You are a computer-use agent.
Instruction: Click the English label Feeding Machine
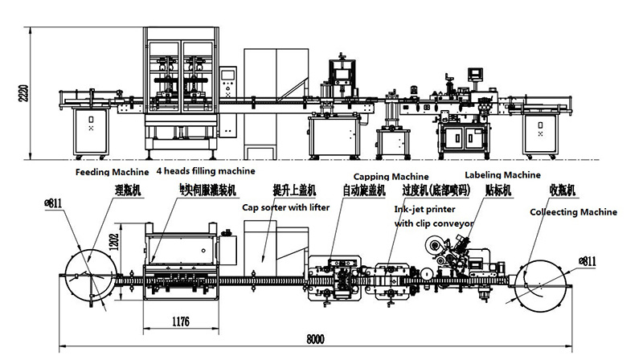click(x=113, y=172)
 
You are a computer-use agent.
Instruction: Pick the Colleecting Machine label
click(x=573, y=212)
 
